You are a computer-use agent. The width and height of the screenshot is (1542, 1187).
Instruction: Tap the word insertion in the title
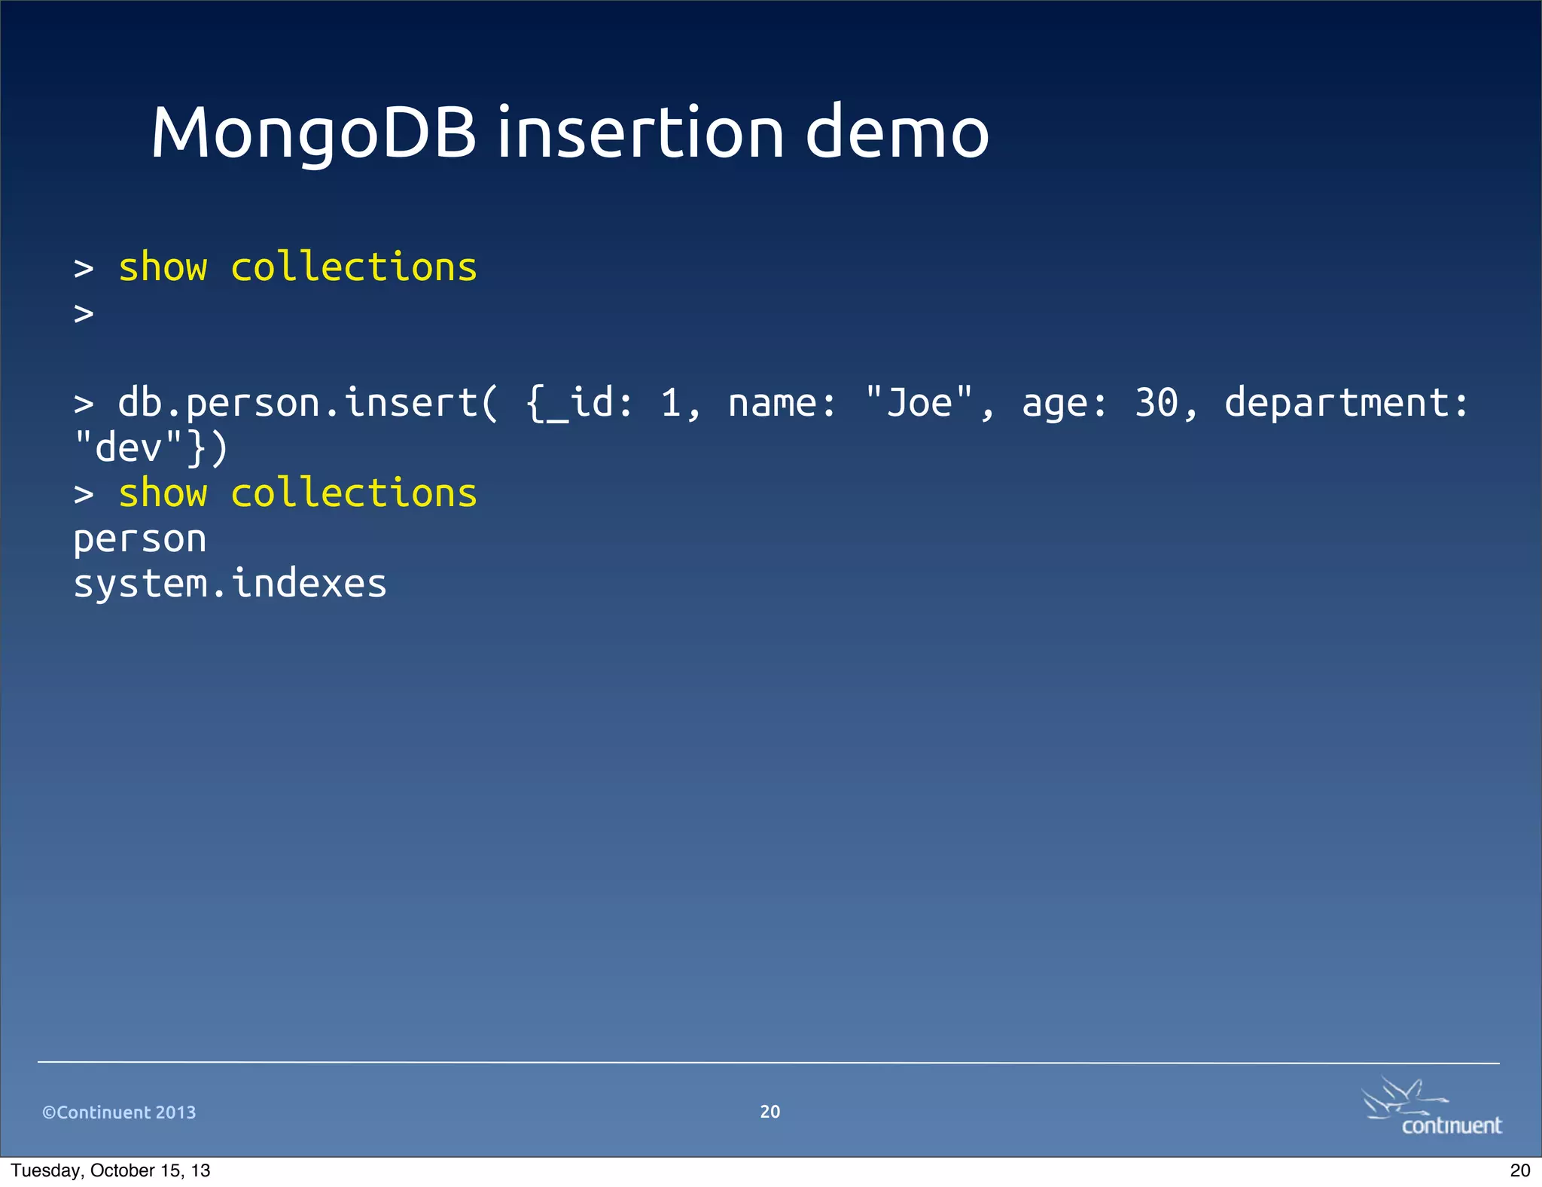click(641, 134)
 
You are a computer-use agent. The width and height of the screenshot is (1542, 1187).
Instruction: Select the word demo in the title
click(897, 134)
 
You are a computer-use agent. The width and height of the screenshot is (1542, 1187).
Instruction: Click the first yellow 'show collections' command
click(297, 268)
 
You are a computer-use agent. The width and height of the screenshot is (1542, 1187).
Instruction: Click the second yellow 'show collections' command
click(297, 494)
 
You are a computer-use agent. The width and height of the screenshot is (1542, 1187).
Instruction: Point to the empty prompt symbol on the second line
click(84, 313)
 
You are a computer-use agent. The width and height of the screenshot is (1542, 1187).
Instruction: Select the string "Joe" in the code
click(919, 404)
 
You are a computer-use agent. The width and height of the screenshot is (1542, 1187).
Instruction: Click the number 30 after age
click(1156, 404)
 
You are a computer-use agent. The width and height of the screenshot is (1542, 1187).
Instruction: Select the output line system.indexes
click(230, 584)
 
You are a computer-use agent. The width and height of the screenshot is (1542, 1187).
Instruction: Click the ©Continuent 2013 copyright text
click(119, 1112)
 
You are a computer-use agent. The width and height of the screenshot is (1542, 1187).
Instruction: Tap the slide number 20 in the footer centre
click(770, 1112)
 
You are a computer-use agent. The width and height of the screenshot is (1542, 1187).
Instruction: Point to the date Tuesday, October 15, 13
click(111, 1170)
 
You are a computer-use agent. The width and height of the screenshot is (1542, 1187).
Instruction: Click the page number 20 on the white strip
click(1520, 1170)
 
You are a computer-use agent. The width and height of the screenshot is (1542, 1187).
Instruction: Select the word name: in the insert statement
click(782, 404)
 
